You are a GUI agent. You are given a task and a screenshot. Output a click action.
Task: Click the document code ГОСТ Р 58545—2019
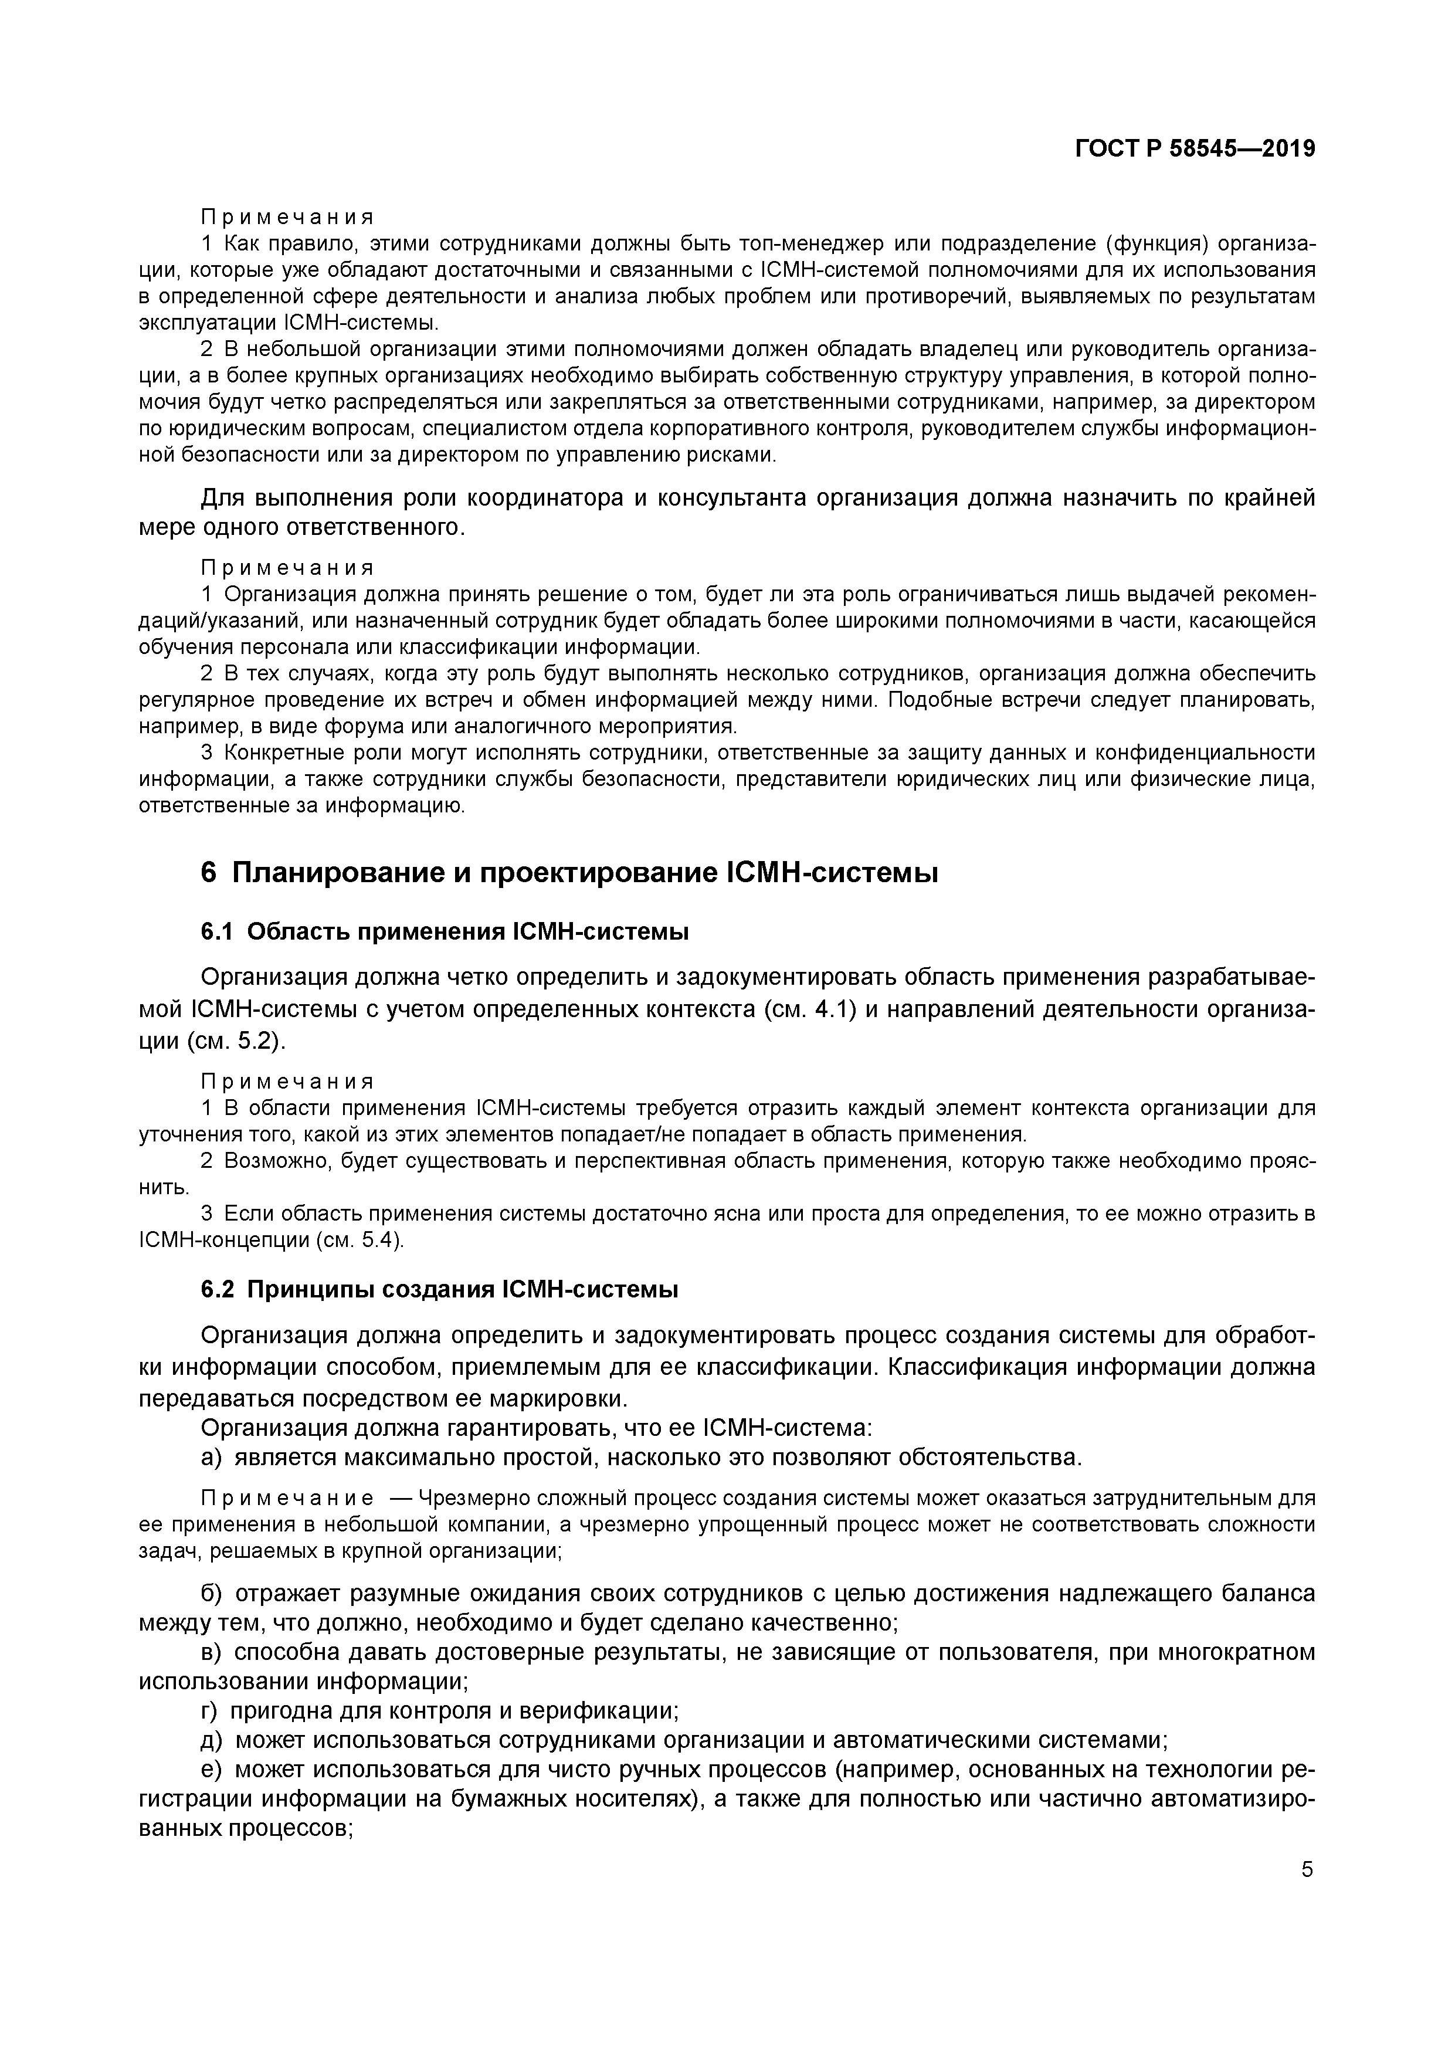1194,149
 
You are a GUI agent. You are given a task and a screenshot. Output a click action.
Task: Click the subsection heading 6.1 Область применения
445,932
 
